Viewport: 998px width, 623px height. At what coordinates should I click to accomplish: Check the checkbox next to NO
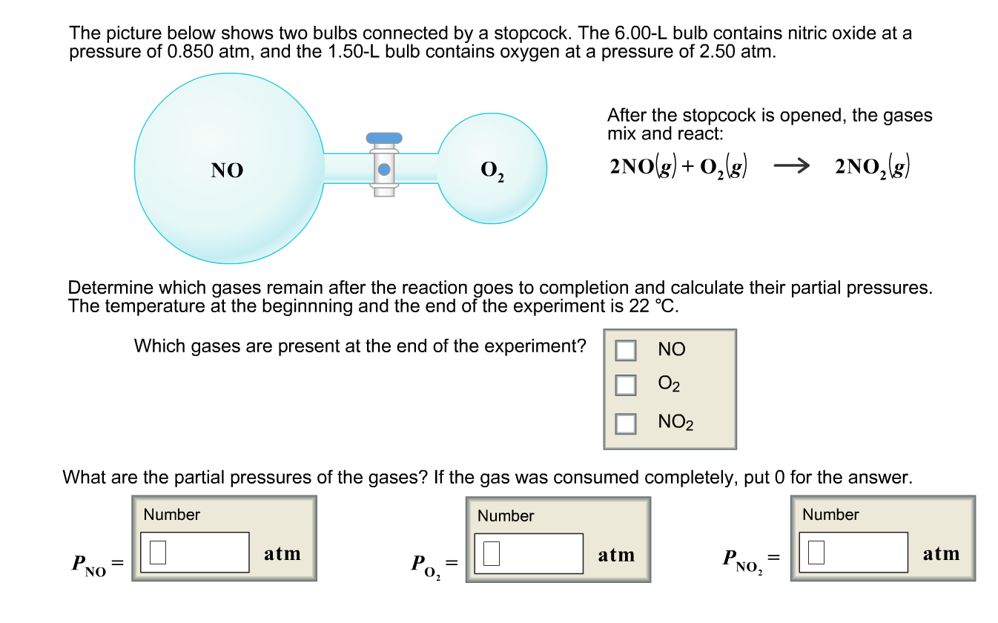click(627, 350)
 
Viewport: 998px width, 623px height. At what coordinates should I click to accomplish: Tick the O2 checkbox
click(627, 384)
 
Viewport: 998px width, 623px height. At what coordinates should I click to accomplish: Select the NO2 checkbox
click(627, 423)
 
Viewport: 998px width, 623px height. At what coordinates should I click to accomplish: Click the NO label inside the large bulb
click(227, 171)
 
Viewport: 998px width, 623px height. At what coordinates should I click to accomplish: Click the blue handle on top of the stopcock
click(384, 138)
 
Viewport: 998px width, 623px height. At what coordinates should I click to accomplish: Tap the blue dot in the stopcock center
click(384, 169)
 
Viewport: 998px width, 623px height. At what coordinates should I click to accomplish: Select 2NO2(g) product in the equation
click(872, 168)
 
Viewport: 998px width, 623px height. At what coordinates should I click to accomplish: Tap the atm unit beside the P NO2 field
click(941, 553)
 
